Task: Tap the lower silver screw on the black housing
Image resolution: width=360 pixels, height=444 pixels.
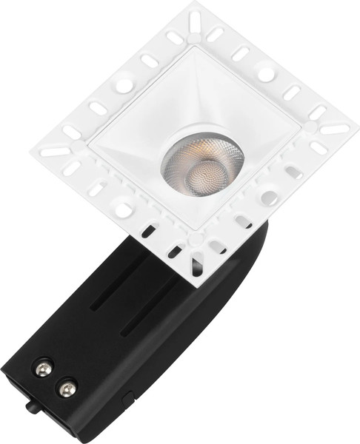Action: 67,386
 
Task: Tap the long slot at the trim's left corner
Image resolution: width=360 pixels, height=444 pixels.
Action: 56,151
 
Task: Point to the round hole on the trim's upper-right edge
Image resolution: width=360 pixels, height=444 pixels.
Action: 265,74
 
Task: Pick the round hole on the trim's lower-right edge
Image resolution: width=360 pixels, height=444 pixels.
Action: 270,198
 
